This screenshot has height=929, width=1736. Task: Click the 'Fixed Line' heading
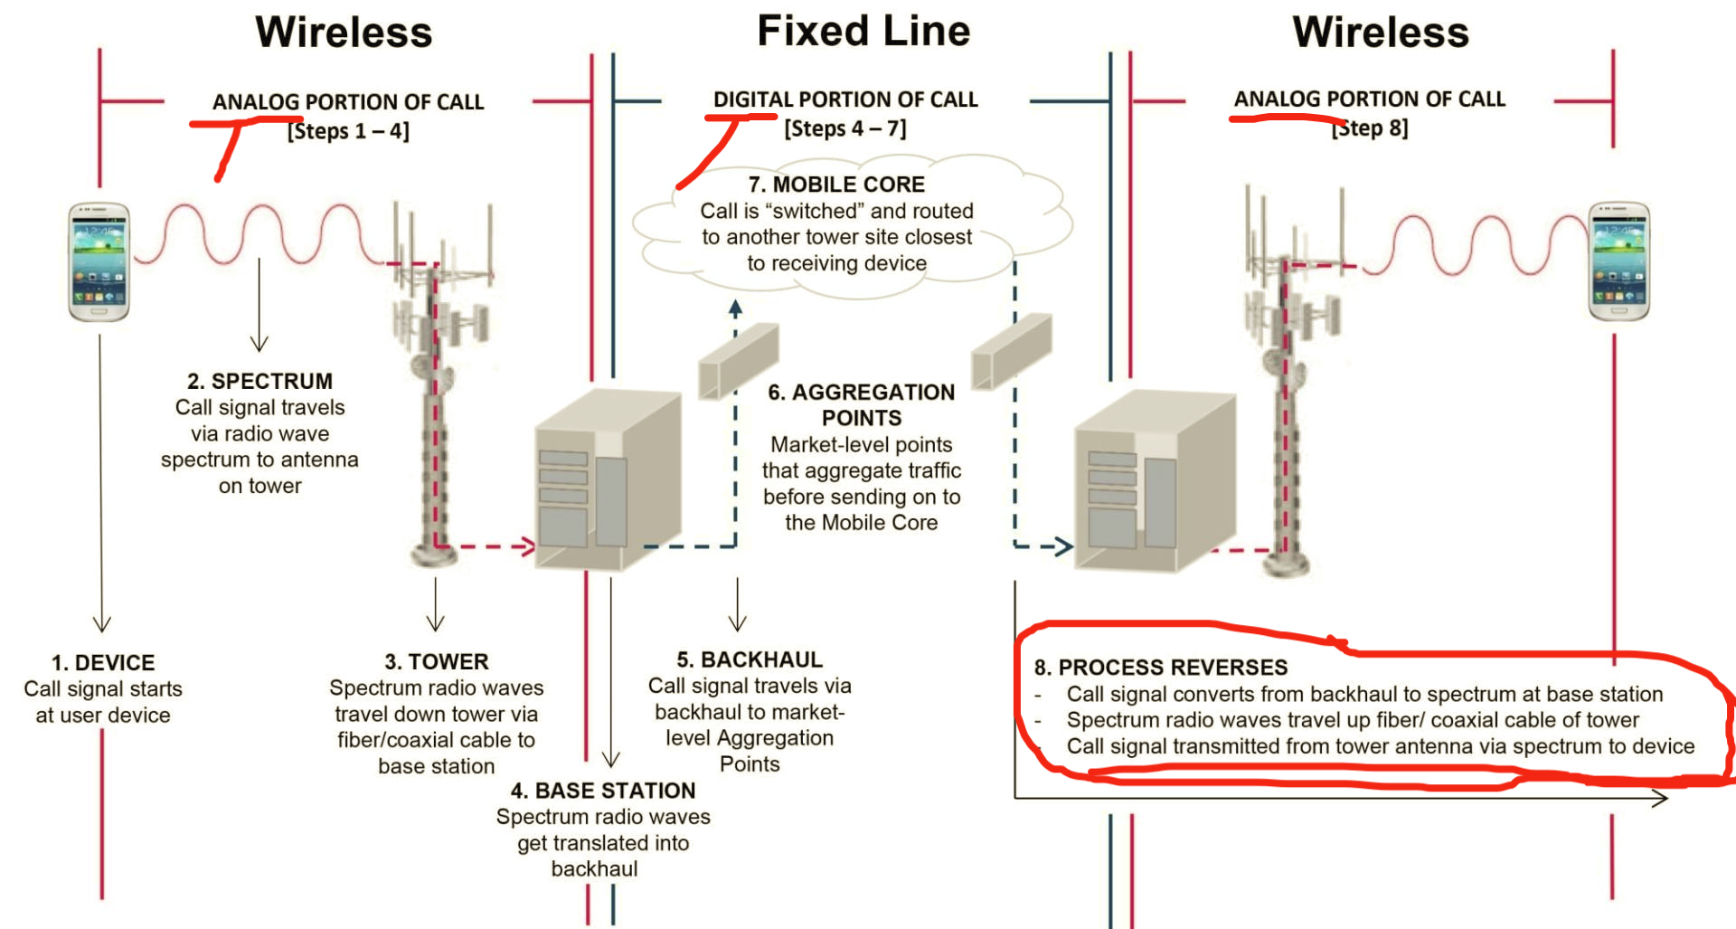[x=863, y=32]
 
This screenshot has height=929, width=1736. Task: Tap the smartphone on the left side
[x=99, y=261]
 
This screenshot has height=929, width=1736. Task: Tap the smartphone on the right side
[x=1618, y=261]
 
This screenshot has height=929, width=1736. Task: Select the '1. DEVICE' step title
[x=103, y=663]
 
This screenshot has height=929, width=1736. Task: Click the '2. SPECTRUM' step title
[x=259, y=381]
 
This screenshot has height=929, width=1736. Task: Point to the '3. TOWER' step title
[x=436, y=662]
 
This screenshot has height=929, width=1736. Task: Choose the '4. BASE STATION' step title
[x=603, y=791]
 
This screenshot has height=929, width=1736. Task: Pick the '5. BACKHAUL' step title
[x=750, y=659]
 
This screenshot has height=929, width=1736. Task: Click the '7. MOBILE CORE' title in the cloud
[x=836, y=185]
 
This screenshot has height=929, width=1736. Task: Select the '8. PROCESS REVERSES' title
[x=1161, y=668]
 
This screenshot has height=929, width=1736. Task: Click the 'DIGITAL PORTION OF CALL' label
[x=845, y=100]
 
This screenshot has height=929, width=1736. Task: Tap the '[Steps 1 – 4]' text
[x=348, y=131]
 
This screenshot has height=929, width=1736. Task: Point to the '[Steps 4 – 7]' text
[x=845, y=128]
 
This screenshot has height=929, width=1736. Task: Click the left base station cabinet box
[x=607, y=479]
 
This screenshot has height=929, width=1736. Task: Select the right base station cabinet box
[x=1154, y=479]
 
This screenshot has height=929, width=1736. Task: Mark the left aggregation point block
[x=738, y=361]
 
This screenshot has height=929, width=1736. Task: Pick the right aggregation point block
[x=1012, y=352]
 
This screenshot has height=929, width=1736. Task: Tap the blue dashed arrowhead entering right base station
[x=1063, y=546]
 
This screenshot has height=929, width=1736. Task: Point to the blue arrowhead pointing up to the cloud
[x=736, y=308]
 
